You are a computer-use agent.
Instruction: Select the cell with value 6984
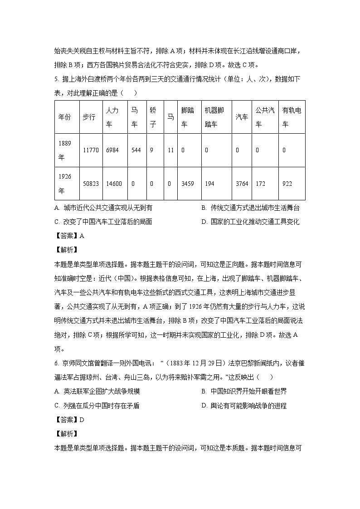(x=112, y=150)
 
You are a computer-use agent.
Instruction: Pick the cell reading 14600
(x=113, y=184)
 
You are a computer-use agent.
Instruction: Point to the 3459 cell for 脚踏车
(x=188, y=184)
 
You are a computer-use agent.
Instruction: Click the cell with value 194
(x=209, y=184)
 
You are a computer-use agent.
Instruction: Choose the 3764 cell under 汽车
(x=242, y=184)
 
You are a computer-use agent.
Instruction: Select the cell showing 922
(x=287, y=184)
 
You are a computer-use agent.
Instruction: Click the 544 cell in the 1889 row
(x=136, y=150)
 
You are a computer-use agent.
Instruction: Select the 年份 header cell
(x=65, y=117)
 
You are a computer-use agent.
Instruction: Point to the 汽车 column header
(x=242, y=117)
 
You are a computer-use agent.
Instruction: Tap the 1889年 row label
(x=65, y=150)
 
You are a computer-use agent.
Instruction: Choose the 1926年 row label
(x=65, y=184)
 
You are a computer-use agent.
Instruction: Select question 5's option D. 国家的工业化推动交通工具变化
(x=250, y=222)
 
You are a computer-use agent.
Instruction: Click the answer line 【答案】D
(x=69, y=419)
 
